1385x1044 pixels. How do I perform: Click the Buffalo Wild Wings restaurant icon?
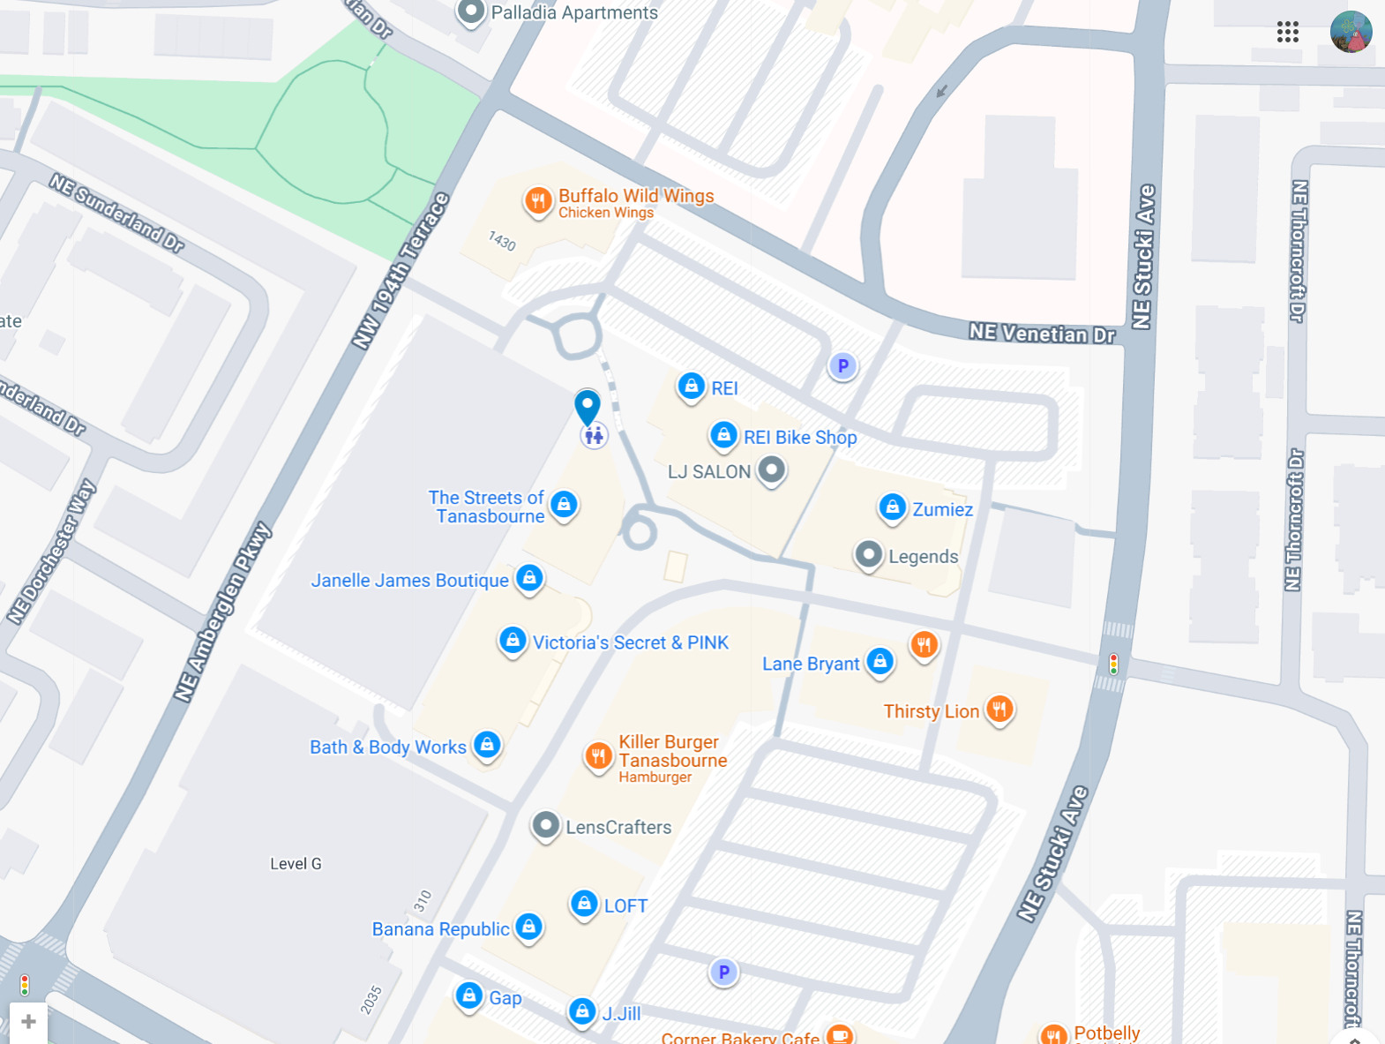(538, 201)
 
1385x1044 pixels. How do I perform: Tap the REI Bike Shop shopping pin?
(723, 434)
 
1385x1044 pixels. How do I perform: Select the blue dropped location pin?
(588, 406)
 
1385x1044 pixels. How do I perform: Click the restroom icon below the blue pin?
(594, 435)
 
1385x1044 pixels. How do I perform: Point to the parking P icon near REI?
(842, 365)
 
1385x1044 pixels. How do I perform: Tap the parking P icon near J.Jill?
(723, 972)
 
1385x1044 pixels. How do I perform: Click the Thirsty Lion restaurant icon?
(999, 709)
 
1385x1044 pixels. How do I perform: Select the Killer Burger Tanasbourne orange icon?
(598, 755)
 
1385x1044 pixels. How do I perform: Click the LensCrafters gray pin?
(546, 825)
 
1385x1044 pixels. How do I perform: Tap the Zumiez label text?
(942, 509)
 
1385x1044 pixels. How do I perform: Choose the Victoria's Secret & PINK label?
(630, 642)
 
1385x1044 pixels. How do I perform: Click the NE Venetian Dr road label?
(1041, 334)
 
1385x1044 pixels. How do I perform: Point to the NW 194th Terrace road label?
(401, 270)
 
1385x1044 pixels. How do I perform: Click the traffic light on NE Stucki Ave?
(1113, 664)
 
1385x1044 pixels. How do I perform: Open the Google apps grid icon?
(1287, 33)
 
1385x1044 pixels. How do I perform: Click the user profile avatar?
(1351, 33)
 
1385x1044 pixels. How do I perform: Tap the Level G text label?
(296, 864)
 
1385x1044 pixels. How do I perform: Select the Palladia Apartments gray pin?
(471, 11)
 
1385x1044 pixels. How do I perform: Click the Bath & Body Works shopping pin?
(487, 745)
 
